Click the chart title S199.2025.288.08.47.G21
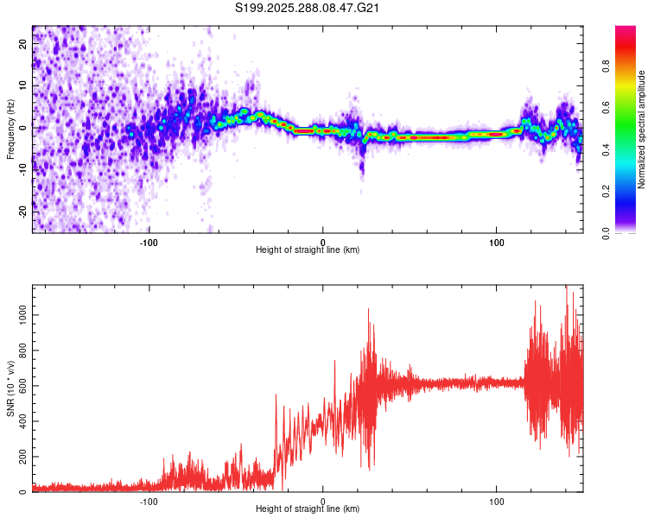(x=308, y=9)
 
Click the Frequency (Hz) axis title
(x=10, y=129)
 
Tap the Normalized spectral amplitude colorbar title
(x=641, y=129)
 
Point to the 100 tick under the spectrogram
(x=497, y=242)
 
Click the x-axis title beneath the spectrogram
(x=308, y=250)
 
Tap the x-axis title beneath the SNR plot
(x=308, y=509)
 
